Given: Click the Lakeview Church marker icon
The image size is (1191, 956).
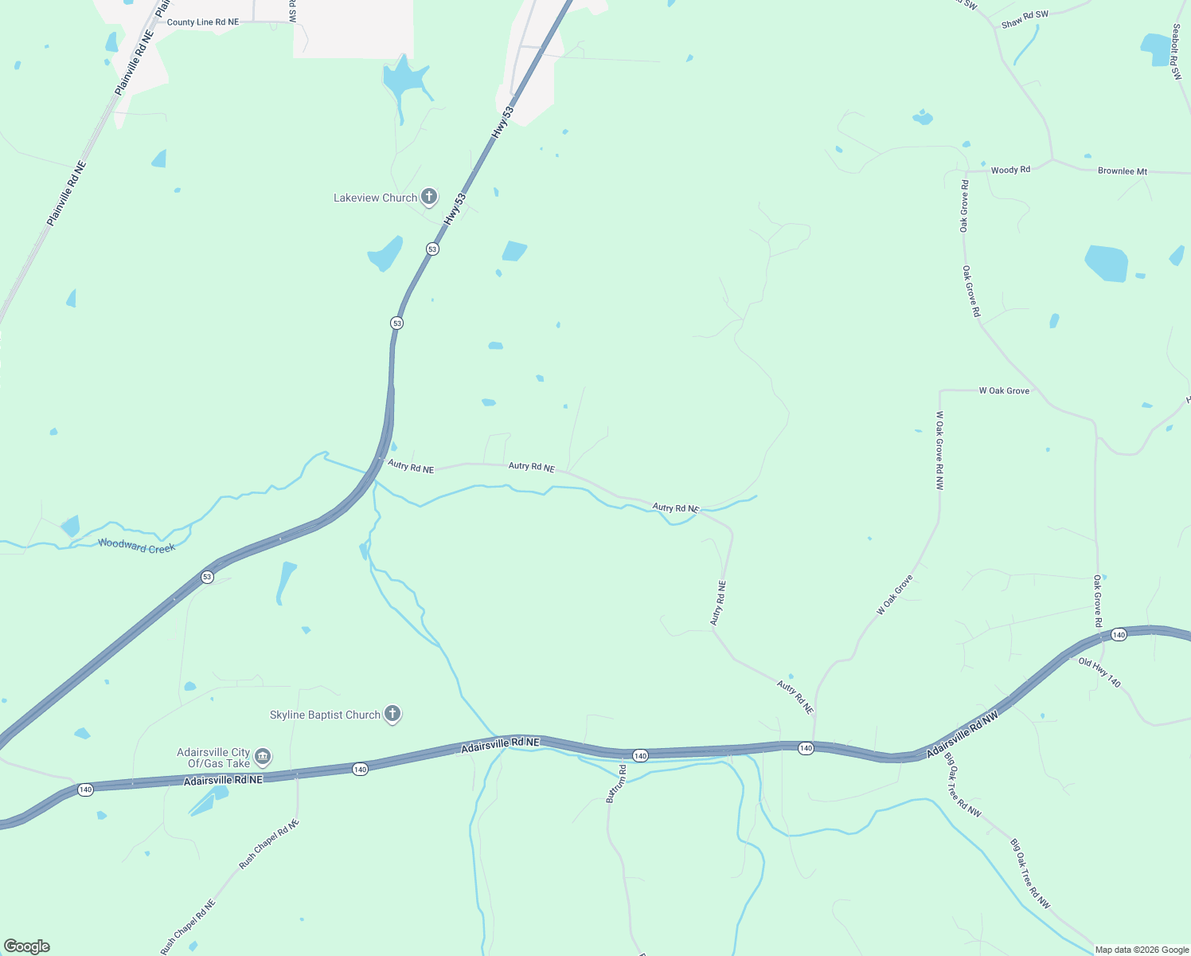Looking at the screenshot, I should pyautogui.click(x=429, y=197).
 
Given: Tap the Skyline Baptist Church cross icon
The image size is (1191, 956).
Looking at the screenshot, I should pyautogui.click(x=392, y=714).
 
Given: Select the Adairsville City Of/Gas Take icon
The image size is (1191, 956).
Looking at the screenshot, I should pyautogui.click(x=263, y=757).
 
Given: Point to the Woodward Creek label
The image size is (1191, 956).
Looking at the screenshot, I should pyautogui.click(x=136, y=547).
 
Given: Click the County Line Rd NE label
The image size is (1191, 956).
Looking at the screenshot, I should pyautogui.click(x=202, y=22).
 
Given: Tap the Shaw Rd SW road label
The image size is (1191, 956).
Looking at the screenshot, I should pyautogui.click(x=1025, y=20).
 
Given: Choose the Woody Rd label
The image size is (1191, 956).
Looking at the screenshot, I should pyautogui.click(x=1010, y=170).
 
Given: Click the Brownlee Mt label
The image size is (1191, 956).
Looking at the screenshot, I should pyautogui.click(x=1123, y=171).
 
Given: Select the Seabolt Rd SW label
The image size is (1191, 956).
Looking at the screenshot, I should pyautogui.click(x=1177, y=52).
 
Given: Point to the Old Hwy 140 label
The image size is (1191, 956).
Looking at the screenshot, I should pyautogui.click(x=1099, y=673).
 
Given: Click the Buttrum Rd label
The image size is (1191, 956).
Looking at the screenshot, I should pyautogui.click(x=616, y=783).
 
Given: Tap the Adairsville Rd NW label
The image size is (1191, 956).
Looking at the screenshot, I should pyautogui.click(x=962, y=735).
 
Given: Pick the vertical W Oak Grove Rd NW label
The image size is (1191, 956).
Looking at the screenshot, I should pyautogui.click(x=939, y=450).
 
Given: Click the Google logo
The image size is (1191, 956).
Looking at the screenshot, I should pyautogui.click(x=27, y=946).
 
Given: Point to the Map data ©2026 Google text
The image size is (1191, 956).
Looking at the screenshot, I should pyautogui.click(x=1142, y=950).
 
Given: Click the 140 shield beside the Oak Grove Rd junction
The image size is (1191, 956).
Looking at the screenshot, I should pyautogui.click(x=1119, y=635).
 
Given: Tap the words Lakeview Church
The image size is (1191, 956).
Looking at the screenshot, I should pyautogui.click(x=375, y=198).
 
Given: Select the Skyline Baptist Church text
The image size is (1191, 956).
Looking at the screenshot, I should pyautogui.click(x=325, y=715).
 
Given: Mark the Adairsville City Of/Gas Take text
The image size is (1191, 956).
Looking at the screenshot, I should pyautogui.click(x=213, y=758).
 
